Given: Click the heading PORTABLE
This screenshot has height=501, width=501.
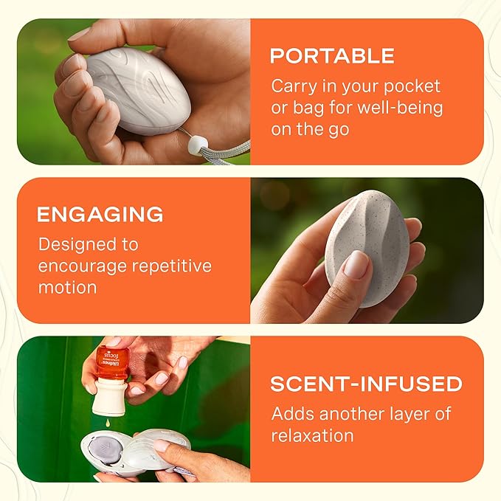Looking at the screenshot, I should point(332,56).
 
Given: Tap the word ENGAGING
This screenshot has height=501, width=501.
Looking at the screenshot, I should point(100,215).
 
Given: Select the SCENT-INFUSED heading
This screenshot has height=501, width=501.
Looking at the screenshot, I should point(366,384).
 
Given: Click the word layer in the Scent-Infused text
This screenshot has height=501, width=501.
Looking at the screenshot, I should point(415,414).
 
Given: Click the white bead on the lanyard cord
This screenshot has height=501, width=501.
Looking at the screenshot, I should point(196,147).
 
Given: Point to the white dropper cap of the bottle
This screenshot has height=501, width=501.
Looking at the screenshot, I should point(110,398).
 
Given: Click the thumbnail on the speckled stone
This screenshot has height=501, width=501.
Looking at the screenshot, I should point(356,264).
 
